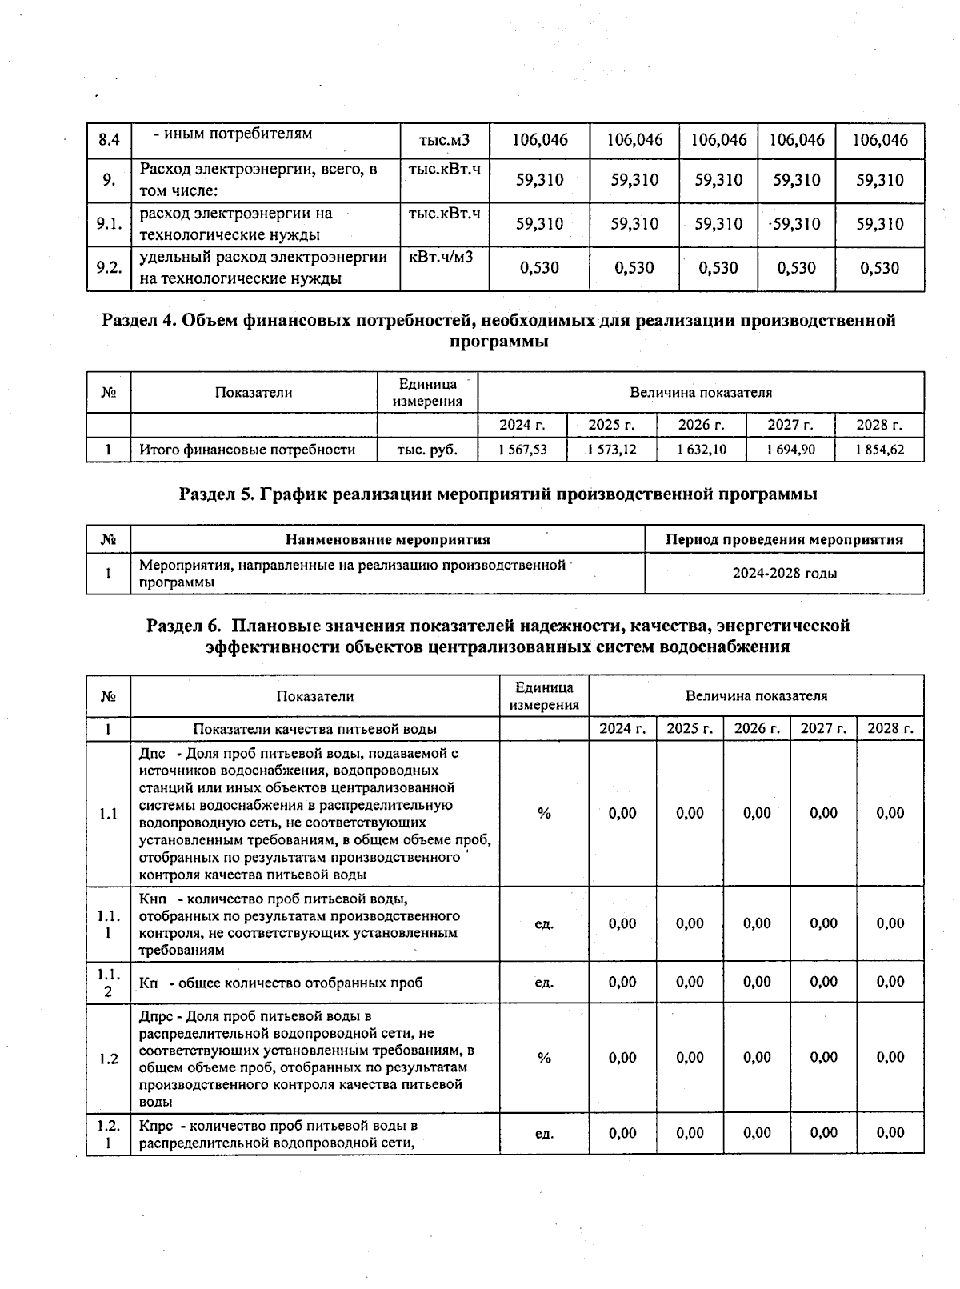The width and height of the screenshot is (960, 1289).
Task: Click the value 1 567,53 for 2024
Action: click(523, 450)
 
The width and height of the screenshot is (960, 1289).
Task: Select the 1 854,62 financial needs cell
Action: click(879, 450)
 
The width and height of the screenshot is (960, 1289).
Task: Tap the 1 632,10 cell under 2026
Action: click(702, 450)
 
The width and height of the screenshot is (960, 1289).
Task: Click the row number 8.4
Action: click(109, 140)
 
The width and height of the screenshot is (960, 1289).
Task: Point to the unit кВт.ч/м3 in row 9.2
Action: click(441, 258)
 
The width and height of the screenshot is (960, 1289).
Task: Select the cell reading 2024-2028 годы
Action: click(784, 574)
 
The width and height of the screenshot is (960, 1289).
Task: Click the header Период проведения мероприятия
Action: click(784, 539)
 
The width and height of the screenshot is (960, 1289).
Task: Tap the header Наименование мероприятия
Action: click(387, 539)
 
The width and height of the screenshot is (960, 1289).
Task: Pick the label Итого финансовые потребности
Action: click(247, 450)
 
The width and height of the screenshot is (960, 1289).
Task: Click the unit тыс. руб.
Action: click(427, 450)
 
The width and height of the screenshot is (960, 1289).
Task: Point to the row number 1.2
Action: click(109, 1059)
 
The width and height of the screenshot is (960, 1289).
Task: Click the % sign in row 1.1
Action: click(544, 814)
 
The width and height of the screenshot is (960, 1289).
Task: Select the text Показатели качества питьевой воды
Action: click(315, 729)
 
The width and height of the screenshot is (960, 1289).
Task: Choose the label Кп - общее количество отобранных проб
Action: click(281, 983)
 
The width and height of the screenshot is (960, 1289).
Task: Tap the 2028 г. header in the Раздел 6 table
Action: click(890, 729)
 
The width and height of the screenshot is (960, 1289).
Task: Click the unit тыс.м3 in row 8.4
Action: click(444, 141)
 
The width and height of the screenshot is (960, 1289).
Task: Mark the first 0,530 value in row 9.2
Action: click(539, 268)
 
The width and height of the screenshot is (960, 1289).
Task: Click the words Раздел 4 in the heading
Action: click(138, 321)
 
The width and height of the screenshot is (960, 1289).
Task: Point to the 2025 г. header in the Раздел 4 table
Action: click(611, 425)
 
